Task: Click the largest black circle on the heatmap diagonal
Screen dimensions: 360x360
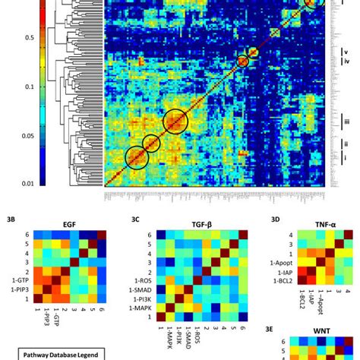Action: pyautogui.click(x=175, y=122)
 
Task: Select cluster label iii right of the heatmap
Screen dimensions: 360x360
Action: pyautogui.click(x=346, y=122)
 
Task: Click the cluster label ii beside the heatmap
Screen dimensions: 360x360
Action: pyautogui.click(x=346, y=142)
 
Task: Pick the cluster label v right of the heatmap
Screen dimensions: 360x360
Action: pyautogui.click(x=346, y=53)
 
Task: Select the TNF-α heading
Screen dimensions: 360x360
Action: pyautogui.click(x=320, y=226)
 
